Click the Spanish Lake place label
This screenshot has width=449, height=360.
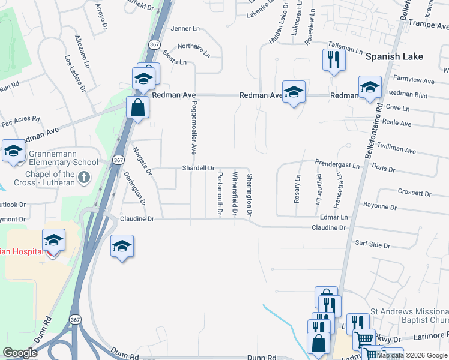coord(394,57)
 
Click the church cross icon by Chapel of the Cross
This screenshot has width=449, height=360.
coord(84,177)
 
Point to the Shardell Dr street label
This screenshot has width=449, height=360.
coord(198,169)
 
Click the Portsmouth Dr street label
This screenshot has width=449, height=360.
coord(220,194)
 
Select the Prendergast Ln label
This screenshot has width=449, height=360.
coord(337,163)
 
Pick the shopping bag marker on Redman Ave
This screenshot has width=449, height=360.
coord(138,108)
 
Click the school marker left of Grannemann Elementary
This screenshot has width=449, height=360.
coord(13,151)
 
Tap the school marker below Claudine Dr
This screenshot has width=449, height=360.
coord(122,246)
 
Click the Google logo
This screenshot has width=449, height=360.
coord(20,353)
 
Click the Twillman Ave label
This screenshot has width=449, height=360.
coord(400,151)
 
